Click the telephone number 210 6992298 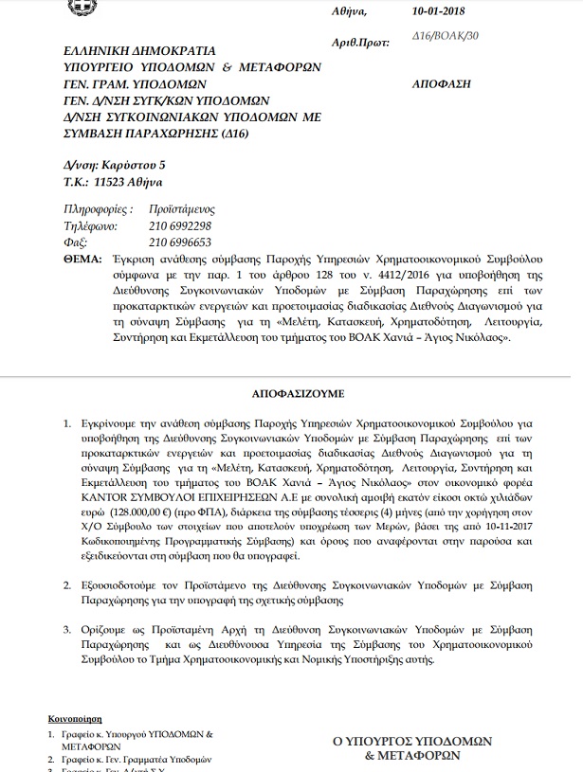click(x=180, y=227)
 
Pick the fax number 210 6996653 click(x=180, y=242)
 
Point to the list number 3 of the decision click(x=65, y=628)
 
